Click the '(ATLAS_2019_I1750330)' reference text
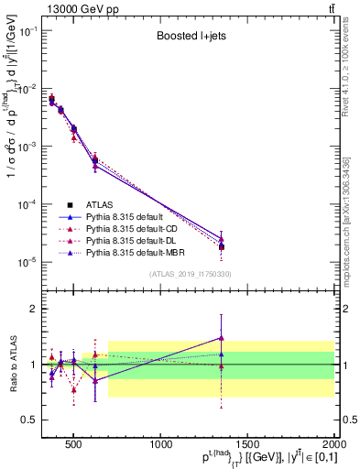click(x=191, y=274)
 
